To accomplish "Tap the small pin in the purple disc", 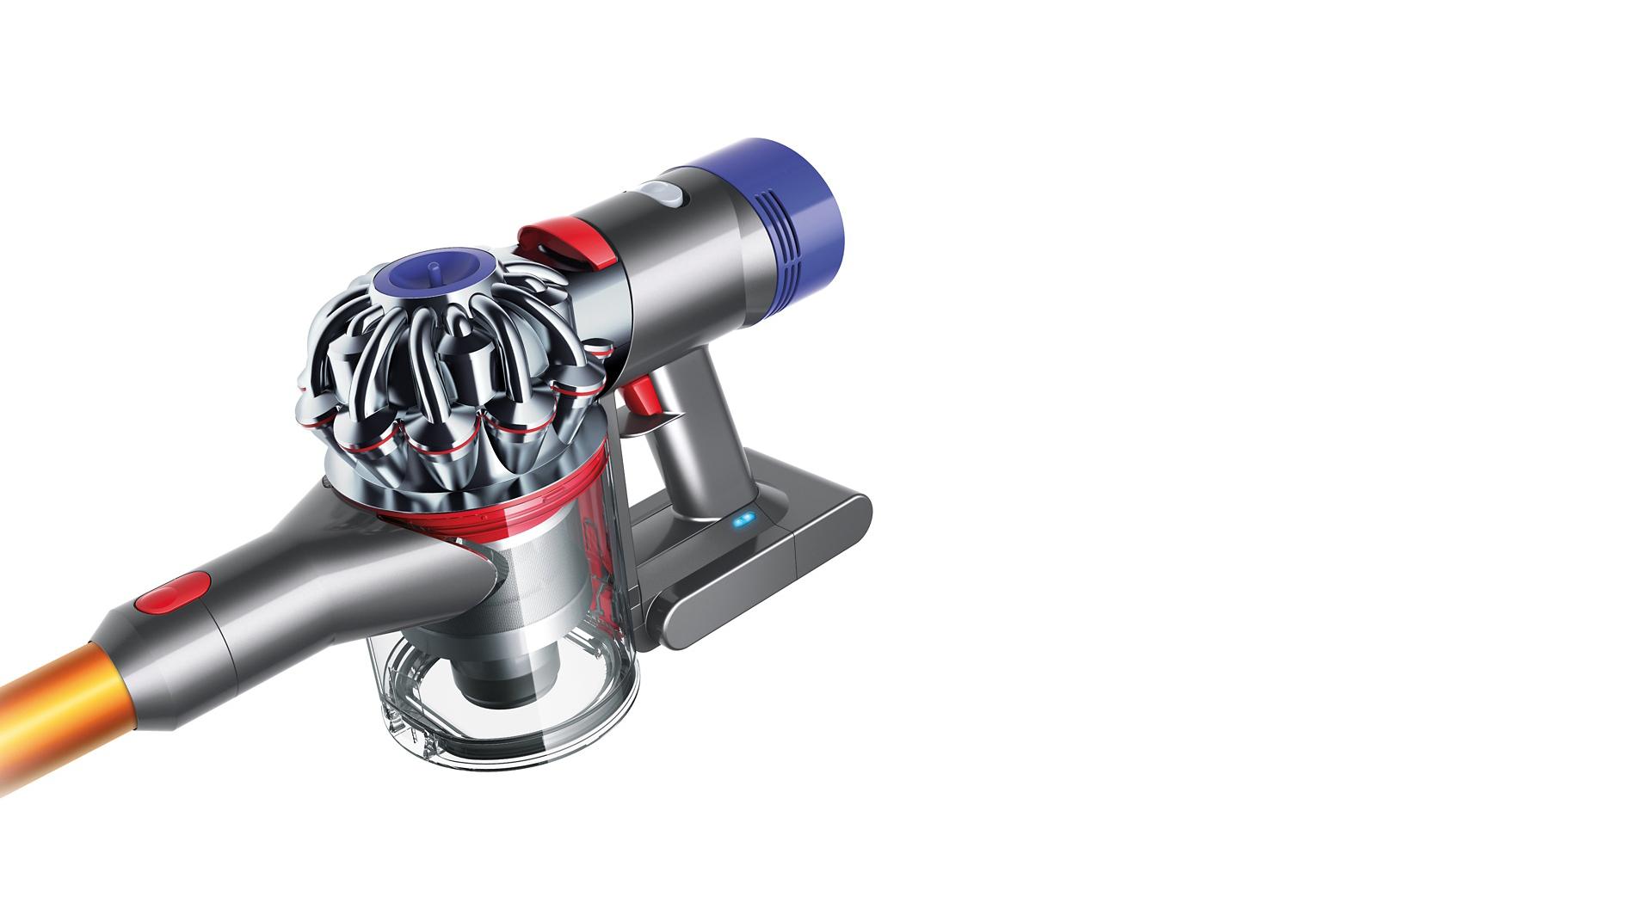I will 430,269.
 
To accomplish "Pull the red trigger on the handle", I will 638,396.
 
